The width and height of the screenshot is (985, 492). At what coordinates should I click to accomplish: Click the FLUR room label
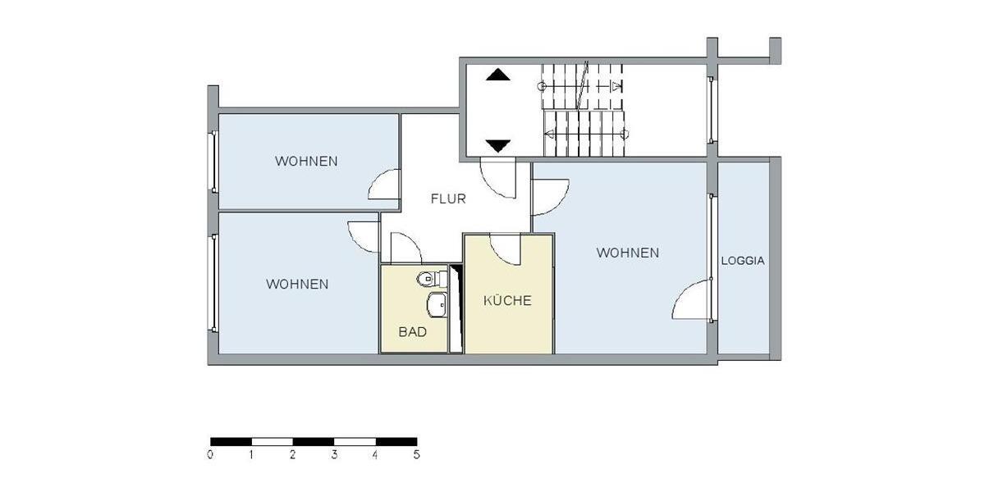(448, 198)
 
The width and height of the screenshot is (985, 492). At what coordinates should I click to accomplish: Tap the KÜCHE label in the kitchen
(506, 300)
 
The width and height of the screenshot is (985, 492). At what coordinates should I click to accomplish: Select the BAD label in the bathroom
(412, 332)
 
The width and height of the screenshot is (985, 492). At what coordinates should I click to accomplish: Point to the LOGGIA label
(743, 261)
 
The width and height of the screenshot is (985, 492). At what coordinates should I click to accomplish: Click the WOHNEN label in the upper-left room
(306, 161)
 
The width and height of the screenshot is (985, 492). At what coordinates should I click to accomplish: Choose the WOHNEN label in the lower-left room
(297, 284)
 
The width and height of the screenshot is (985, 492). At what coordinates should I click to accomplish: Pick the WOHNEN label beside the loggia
(627, 253)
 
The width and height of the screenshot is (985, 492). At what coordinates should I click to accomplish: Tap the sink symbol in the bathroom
(436, 305)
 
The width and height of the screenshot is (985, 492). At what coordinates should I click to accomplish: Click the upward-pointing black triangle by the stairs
(497, 75)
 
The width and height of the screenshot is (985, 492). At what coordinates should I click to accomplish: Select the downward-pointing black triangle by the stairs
(497, 146)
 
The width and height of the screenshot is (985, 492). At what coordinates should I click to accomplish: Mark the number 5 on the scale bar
(416, 453)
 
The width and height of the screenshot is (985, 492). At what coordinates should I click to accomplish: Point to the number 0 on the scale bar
(211, 453)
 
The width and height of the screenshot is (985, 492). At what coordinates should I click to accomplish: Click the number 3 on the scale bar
(334, 453)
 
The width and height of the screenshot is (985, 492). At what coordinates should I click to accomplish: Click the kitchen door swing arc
(506, 250)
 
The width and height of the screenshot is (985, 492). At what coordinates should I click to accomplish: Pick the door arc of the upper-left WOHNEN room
(383, 185)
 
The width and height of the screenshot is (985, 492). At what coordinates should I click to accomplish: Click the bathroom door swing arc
(404, 248)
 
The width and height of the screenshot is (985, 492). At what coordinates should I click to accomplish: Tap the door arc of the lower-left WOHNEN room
(363, 237)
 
